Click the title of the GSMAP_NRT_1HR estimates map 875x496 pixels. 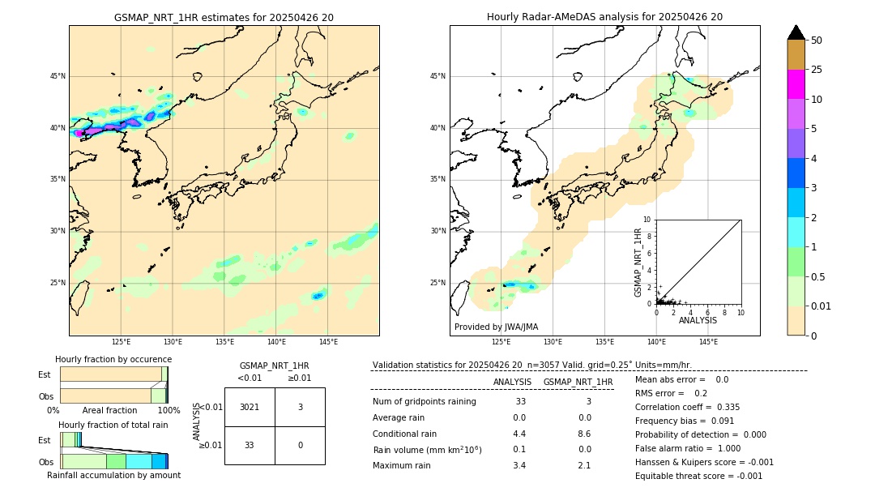point(224,17)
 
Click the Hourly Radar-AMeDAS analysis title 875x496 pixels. point(604,17)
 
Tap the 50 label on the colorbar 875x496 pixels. point(817,41)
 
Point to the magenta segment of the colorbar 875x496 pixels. point(796,84)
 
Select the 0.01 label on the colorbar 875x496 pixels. point(822,306)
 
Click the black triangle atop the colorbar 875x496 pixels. point(796,32)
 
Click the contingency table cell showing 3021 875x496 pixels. point(250,407)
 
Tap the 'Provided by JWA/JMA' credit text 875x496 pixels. point(496,327)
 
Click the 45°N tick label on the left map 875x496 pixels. point(58,76)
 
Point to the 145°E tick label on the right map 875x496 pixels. point(708,342)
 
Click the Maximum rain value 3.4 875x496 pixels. point(519,465)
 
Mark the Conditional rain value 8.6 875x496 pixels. point(584,434)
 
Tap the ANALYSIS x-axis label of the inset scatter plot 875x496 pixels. point(698,320)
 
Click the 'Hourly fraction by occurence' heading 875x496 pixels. point(113,359)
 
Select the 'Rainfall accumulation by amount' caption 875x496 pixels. point(113,475)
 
